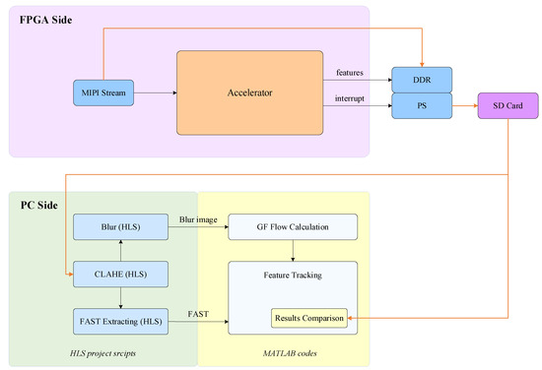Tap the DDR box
[421, 79]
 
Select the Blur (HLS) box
[119, 228]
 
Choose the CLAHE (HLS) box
[119, 274]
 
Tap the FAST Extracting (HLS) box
[119, 320]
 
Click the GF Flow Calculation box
[292, 228]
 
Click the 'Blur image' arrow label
[198, 219]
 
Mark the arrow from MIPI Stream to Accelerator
[155, 93]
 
